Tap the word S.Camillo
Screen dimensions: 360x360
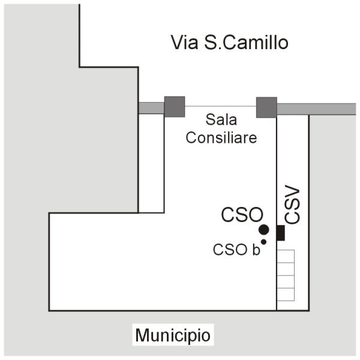pyautogui.click(x=246, y=43)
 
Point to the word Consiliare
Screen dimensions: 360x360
pyautogui.click(x=221, y=137)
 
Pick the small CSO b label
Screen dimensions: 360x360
pyautogui.click(x=236, y=250)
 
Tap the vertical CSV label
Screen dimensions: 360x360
pyautogui.click(x=292, y=205)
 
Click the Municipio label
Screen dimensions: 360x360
pyautogui.click(x=173, y=335)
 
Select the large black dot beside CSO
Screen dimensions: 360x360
pyautogui.click(x=263, y=229)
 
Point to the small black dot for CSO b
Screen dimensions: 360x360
pyautogui.click(x=263, y=242)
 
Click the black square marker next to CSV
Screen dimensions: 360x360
pyautogui.click(x=280, y=232)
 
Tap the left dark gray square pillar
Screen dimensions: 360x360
pyautogui.click(x=174, y=107)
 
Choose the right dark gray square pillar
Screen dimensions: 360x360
pyautogui.click(x=266, y=107)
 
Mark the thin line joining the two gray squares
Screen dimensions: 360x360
pyautogui.click(x=220, y=107)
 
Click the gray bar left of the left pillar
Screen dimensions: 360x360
pyautogui.click(x=151, y=107)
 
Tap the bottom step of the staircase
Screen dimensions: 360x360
pyautogui.click(x=286, y=295)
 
